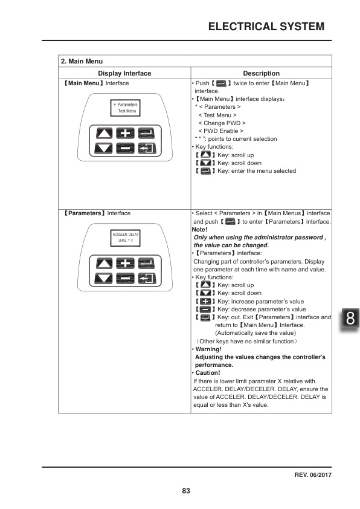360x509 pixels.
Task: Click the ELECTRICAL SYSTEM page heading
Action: (x=266, y=27)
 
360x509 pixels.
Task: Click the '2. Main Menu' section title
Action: (x=82, y=61)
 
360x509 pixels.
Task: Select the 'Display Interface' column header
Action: (x=124, y=73)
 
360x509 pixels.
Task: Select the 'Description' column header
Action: (x=261, y=73)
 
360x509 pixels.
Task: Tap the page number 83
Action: (x=186, y=491)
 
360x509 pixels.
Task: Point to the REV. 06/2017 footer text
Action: (x=313, y=475)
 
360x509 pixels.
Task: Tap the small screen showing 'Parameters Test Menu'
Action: (x=126, y=108)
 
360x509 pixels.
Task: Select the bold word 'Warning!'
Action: (x=208, y=349)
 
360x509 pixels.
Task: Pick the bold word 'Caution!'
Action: (x=207, y=373)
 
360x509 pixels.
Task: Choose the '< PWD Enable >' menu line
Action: (x=220, y=131)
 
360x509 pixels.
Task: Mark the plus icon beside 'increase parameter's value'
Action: (x=206, y=301)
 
